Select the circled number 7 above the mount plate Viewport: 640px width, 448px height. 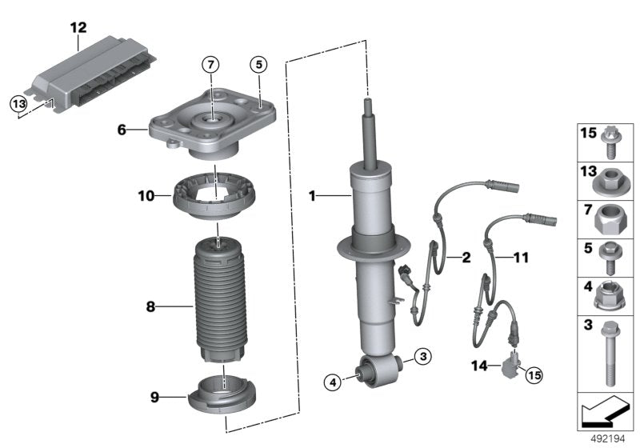pyautogui.click(x=209, y=63)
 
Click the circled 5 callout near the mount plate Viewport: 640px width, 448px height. pyautogui.click(x=258, y=63)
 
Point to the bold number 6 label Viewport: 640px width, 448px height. pyautogui.click(x=122, y=128)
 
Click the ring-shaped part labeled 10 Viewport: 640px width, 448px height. pyautogui.click(x=209, y=196)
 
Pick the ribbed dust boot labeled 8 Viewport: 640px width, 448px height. pyautogui.click(x=221, y=300)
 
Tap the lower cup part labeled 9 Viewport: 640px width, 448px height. pyautogui.click(x=225, y=392)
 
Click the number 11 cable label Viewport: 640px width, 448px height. pyautogui.click(x=521, y=257)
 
